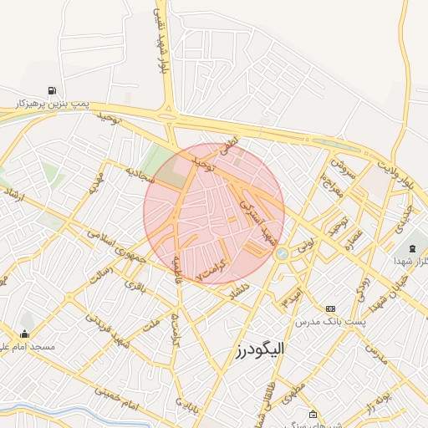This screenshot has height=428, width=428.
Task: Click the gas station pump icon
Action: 53,91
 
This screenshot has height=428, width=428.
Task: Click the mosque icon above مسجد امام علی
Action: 24,334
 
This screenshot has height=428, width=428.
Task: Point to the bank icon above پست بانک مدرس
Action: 330,309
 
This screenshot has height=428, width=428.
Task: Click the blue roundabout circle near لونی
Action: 282,252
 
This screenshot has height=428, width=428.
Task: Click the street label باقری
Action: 134,285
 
